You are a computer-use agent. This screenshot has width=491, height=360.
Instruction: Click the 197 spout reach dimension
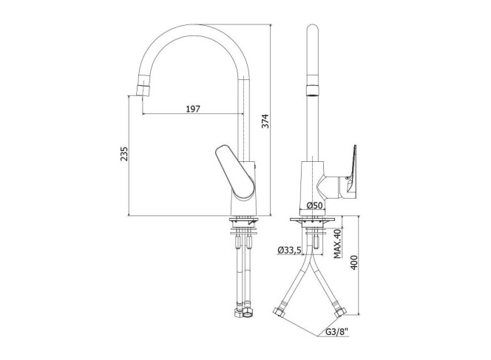click(x=193, y=109)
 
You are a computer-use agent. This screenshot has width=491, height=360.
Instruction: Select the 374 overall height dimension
click(x=265, y=120)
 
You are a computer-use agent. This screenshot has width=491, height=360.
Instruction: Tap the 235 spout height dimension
click(x=124, y=154)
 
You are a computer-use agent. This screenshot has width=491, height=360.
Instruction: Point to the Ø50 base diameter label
click(x=314, y=206)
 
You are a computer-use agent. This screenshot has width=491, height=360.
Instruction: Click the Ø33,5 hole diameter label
click(x=289, y=250)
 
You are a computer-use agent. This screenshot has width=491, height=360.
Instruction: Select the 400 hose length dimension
click(x=353, y=262)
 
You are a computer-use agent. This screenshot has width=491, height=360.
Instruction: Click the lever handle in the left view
click(x=235, y=171)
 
